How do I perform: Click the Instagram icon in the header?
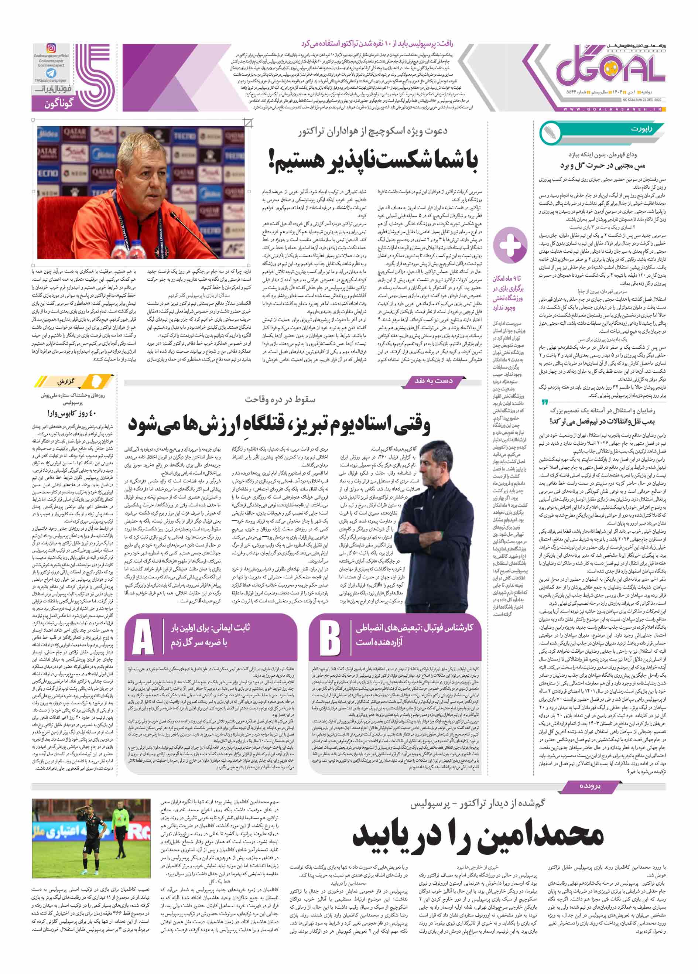[x=51, y=48]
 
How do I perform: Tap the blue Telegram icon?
[x=51, y=73]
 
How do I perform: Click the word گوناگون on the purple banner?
[x=59, y=103]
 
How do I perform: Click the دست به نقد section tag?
[x=433, y=380]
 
